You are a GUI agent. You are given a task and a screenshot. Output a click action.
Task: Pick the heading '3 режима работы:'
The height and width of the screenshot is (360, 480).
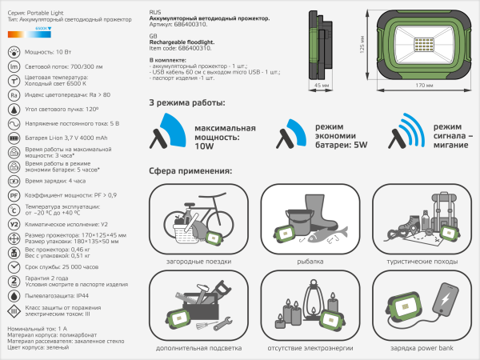pos(187,103)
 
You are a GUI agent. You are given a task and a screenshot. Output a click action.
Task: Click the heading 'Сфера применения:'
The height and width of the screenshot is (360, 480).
pos(190,171)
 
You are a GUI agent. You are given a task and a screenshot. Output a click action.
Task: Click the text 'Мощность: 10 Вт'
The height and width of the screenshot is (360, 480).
pos(51,51)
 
